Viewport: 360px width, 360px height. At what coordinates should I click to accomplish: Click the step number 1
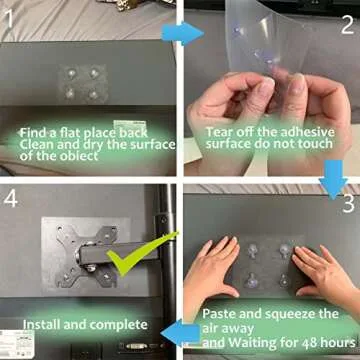9,18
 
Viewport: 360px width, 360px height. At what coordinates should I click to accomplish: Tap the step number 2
347,26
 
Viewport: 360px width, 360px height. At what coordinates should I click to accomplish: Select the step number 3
348,204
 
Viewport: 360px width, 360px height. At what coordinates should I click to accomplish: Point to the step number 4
10,198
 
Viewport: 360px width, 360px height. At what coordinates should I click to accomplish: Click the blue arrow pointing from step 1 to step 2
183,33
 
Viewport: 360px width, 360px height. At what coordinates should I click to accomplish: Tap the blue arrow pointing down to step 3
333,180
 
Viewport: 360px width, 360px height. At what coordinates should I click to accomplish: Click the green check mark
142,253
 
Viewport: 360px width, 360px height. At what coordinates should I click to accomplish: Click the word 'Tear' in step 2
219,132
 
